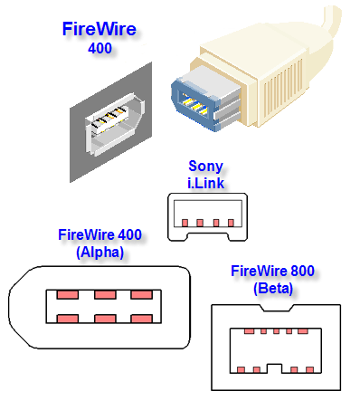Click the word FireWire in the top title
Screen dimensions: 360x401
[x=99, y=29]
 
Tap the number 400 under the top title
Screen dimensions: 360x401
[x=99, y=48]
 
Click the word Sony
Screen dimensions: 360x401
[x=205, y=167]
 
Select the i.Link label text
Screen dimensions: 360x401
[x=206, y=183]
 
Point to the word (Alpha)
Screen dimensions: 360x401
[x=99, y=252]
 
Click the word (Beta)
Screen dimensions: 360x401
[x=273, y=289]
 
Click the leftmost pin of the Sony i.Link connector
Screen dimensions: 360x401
[x=185, y=223]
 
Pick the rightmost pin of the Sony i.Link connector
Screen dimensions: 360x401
[x=231, y=223]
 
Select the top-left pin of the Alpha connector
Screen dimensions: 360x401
[x=68, y=294]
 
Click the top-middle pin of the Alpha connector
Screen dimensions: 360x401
[x=105, y=294]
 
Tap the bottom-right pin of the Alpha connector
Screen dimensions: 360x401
[x=141, y=319]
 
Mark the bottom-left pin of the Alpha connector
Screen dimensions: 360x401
[x=68, y=319]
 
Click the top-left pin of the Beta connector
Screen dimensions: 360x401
[x=249, y=331]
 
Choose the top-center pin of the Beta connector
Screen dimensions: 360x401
[x=276, y=331]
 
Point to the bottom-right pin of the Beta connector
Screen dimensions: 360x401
[x=309, y=369]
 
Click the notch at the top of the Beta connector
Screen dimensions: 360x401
[x=276, y=308]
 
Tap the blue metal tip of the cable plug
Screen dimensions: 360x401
[x=194, y=104]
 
